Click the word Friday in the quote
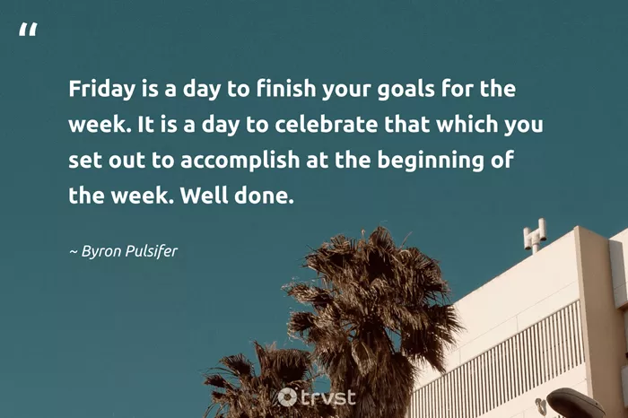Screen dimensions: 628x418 pos(101,89)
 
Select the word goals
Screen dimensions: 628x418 pos(406,90)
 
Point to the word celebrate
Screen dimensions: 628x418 pos(326,124)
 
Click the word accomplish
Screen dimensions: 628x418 pos(240,161)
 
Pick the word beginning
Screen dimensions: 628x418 pos(431,161)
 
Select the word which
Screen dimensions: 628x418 pos(467,124)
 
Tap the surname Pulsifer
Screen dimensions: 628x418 pos(152,251)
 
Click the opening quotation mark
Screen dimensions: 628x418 pos(28,30)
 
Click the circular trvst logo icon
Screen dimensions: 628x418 pos(287,396)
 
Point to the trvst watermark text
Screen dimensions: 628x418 pos(327,397)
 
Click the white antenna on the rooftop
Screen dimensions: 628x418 pos(535,236)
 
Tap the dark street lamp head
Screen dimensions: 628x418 pos(575,403)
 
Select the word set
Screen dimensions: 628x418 pos(85,161)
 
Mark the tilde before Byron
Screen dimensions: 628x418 pos(74,252)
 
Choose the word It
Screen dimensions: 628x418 pos(145,124)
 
